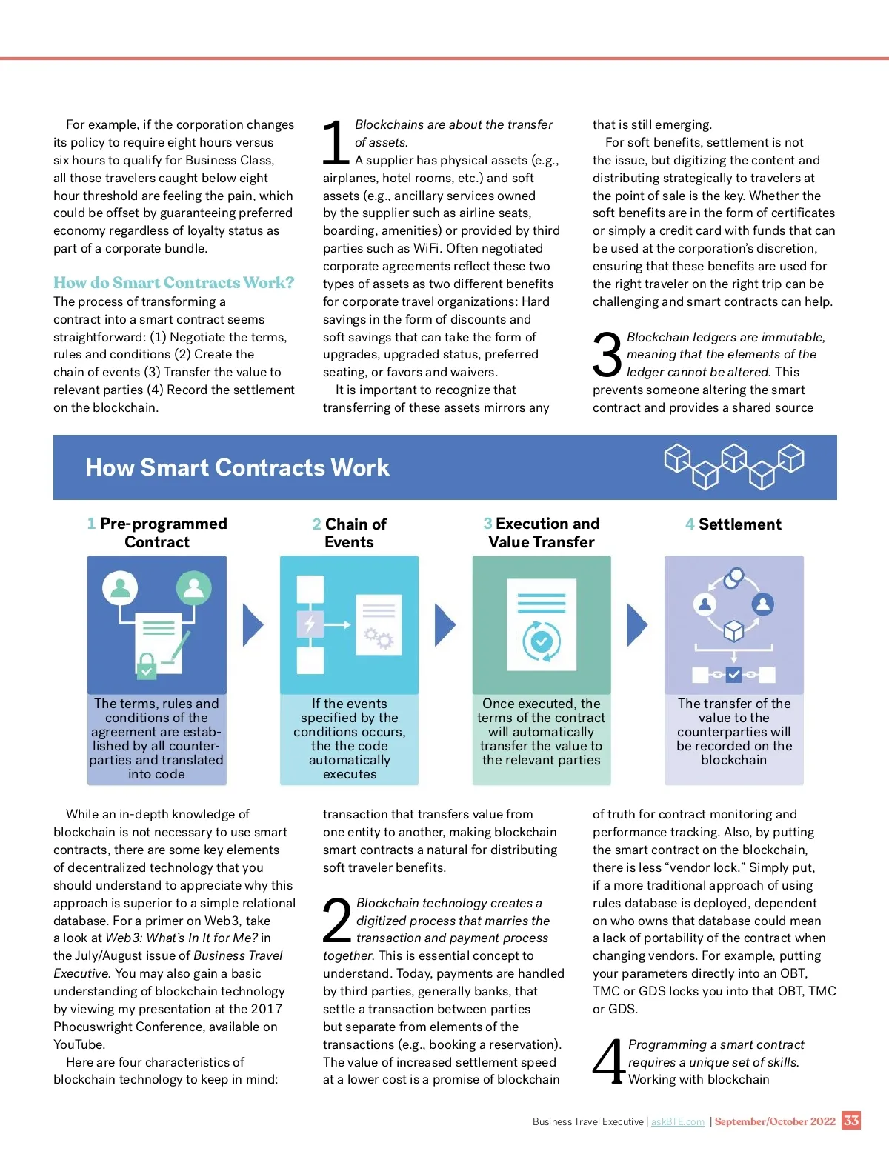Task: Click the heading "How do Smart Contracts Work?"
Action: tap(173, 283)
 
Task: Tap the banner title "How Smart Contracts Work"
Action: tap(237, 467)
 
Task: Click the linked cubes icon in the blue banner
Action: tap(734, 465)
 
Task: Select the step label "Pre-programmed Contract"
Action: tap(157, 533)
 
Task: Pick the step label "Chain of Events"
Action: tap(349, 533)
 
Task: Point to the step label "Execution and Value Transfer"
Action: tap(542, 533)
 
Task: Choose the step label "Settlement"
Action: tap(733, 524)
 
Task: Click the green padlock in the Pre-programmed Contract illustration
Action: tap(147, 665)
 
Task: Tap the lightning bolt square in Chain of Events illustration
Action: tap(310, 624)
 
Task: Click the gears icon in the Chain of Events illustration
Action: tap(379, 637)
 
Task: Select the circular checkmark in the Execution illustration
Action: tap(542, 641)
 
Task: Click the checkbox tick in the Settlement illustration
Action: tap(733, 674)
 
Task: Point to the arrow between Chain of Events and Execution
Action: tap(444, 625)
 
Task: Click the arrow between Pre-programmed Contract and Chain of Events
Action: tap(253, 625)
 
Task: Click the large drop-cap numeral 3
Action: tap(607, 355)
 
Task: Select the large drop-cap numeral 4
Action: tap(609, 1062)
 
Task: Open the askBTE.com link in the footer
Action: tap(677, 1121)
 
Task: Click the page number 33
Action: tap(851, 1120)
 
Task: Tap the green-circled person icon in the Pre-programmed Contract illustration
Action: tap(193, 588)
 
